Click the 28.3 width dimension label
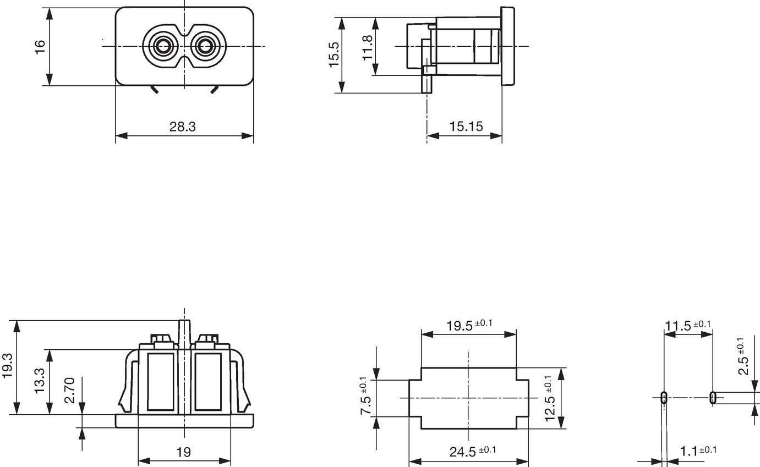tap(183, 127)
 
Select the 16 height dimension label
tap(40, 47)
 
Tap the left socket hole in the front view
tap(163, 46)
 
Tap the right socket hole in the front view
tap(204, 46)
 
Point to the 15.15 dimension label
tap(466, 127)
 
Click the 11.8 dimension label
tap(368, 48)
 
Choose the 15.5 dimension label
tap(334, 55)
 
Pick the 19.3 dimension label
tap(7, 366)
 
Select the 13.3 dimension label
tap(40, 381)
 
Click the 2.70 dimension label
tap(69, 390)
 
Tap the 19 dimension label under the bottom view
tap(184, 452)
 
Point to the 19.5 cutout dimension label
tap(469, 325)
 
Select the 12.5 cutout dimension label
tap(550, 398)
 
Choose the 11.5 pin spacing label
tap(687, 325)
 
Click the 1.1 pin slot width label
tap(698, 450)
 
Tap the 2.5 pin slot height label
tap(743, 356)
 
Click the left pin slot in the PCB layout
tap(664, 398)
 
